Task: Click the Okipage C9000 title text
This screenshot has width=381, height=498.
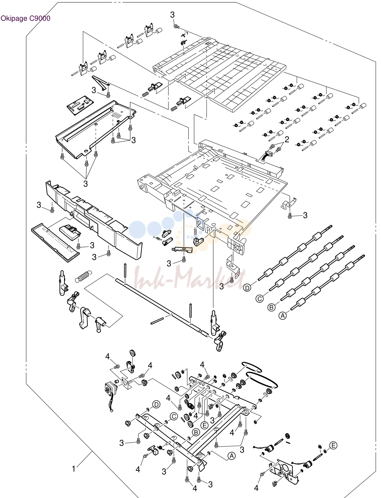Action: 25,18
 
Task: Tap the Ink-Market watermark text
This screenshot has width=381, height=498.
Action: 190,278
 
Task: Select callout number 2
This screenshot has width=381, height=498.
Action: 287,139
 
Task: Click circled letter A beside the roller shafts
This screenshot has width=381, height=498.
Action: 283,316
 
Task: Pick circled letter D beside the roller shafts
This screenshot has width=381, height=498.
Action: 247,288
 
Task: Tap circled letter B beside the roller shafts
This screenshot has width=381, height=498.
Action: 271,307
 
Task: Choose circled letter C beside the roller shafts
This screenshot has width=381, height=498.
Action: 260,299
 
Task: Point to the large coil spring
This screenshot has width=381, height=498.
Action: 83,276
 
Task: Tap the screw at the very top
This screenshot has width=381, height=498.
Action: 177,27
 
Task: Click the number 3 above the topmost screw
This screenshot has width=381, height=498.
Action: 173,15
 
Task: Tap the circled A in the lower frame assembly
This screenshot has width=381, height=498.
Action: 232,456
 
